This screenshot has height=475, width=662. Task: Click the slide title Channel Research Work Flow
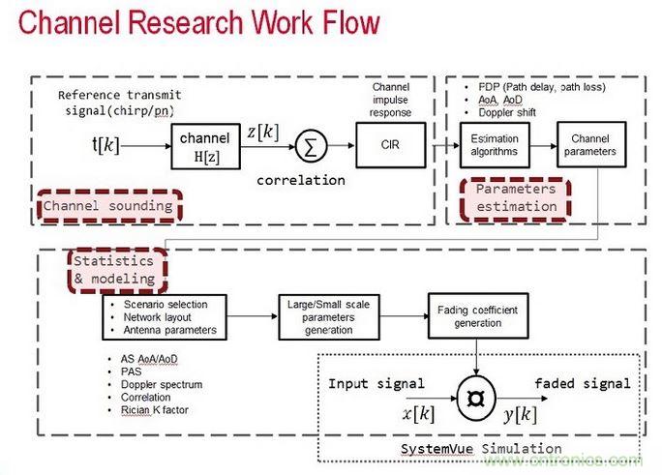point(198,24)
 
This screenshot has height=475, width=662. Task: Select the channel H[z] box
point(204,147)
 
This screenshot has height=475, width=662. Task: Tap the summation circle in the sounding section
point(310,147)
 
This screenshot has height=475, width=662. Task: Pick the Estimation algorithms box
point(494,145)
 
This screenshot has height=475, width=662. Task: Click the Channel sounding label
point(107,205)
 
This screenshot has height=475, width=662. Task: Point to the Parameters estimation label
point(516,196)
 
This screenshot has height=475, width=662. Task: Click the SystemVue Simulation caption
point(480,449)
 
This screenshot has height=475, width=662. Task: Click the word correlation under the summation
point(300,180)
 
